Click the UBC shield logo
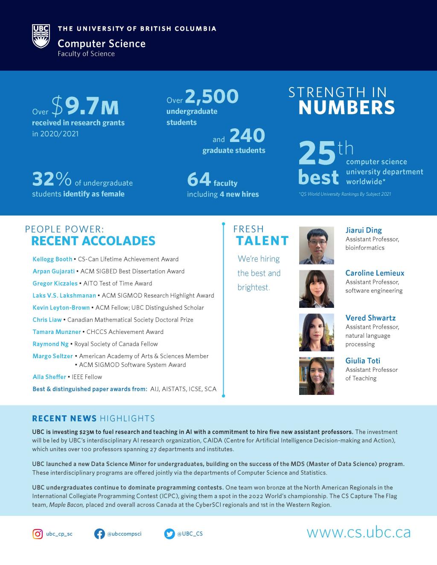(41, 36)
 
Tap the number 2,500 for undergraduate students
(211, 96)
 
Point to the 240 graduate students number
(247, 136)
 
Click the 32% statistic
(52, 180)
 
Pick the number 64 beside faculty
(199, 180)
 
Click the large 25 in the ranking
(317, 154)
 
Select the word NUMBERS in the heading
(347, 108)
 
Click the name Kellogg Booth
(52, 259)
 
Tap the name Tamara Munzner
(57, 332)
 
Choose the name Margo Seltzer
(53, 356)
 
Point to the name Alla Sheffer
(50, 377)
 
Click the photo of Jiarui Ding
(316, 245)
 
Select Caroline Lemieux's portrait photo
(316, 289)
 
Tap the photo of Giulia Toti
(316, 376)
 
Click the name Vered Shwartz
(370, 318)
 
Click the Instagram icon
(38, 534)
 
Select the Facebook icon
(99, 534)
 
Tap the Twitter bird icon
(169, 534)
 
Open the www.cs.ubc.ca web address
(358, 533)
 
